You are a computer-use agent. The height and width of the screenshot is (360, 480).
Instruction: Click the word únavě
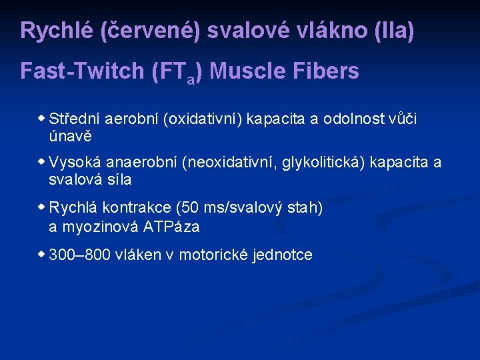tap(70, 137)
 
